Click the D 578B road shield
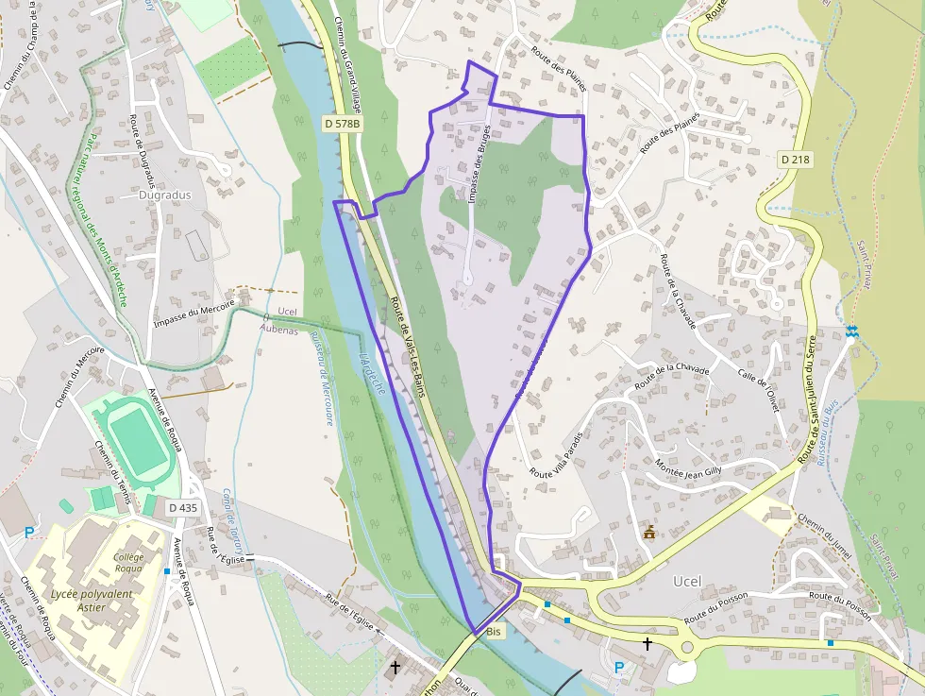[x=341, y=124]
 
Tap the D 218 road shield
[x=795, y=160]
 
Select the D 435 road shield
[x=183, y=507]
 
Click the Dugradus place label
[x=164, y=195]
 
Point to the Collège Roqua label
[x=128, y=563]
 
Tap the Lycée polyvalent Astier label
[x=92, y=601]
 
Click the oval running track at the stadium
[x=136, y=442]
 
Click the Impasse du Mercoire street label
[x=193, y=314]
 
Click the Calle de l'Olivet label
[x=755, y=384]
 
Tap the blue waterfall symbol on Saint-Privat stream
[x=852, y=331]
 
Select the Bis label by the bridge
[x=496, y=630]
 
